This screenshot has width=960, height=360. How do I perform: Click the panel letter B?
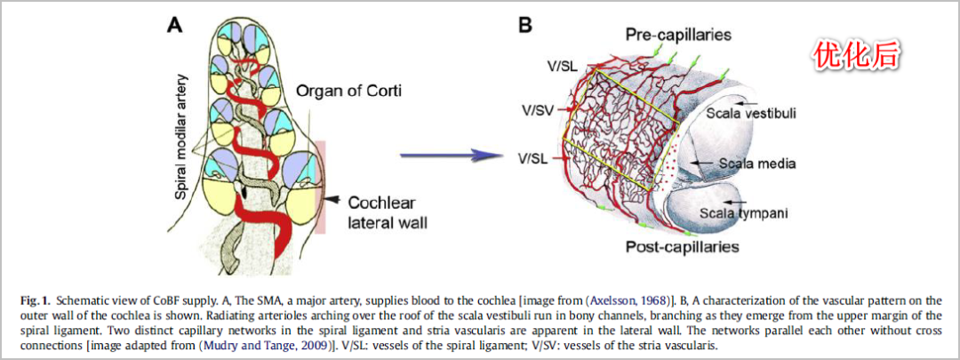tap(525, 25)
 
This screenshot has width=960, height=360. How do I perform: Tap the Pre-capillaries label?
tap(678, 35)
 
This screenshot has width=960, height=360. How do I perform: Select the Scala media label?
tap(756, 164)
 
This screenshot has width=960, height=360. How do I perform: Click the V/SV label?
tap(537, 110)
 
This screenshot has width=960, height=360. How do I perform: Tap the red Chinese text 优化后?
tap(856, 56)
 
